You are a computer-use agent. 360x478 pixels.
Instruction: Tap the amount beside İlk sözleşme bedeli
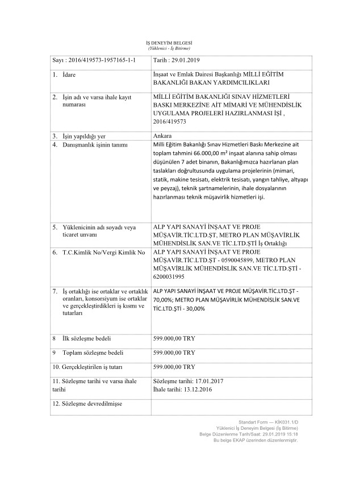point(174,338)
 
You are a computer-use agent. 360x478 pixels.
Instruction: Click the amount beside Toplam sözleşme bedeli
point(174,353)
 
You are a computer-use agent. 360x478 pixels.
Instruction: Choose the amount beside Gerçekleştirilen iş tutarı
point(174,367)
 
